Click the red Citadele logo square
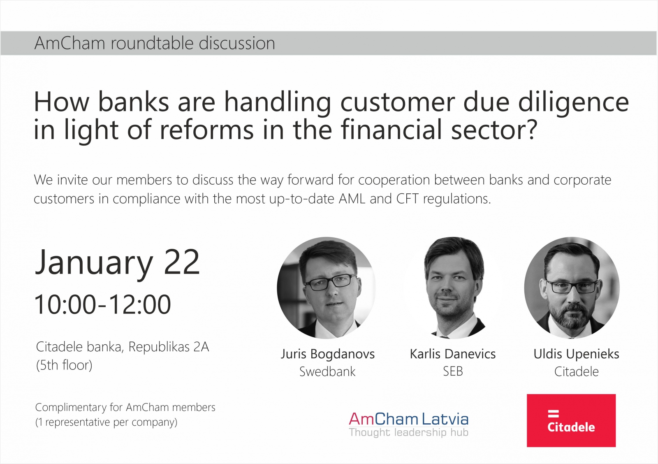coord(571,420)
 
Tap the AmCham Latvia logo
coord(409,425)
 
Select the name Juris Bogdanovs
coord(327,354)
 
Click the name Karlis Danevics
coord(453,354)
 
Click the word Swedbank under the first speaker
coord(327,371)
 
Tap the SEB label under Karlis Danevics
coord(453,371)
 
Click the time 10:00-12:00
coord(103,304)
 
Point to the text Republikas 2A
coord(169,347)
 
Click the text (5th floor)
coord(64,365)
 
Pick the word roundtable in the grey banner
coord(152,43)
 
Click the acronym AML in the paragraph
coord(352,199)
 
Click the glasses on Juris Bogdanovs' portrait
coord(331,282)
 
